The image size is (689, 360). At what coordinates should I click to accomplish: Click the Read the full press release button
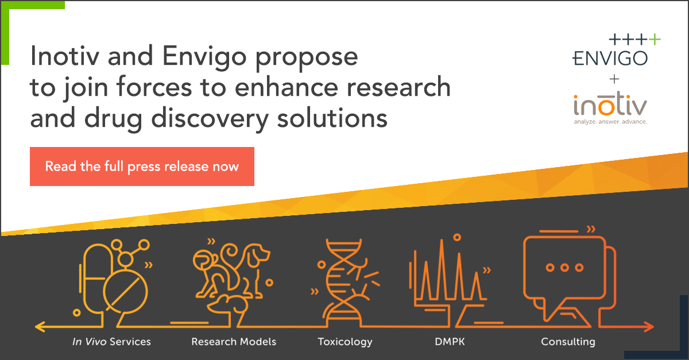pyautogui.click(x=142, y=167)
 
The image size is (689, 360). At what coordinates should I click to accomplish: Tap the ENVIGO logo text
pyautogui.click(x=610, y=57)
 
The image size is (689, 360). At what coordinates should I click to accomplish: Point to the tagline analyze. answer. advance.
pyautogui.click(x=610, y=122)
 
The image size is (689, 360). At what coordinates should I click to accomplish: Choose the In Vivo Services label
pyautogui.click(x=111, y=342)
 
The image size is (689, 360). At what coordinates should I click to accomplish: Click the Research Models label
pyautogui.click(x=234, y=342)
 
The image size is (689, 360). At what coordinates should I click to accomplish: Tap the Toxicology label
pyautogui.click(x=345, y=342)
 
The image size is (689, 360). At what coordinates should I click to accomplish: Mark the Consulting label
pyautogui.click(x=568, y=342)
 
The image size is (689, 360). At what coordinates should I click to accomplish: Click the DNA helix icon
pyautogui.click(x=343, y=276)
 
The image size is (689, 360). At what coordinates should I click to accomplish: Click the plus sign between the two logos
pyautogui.click(x=610, y=79)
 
